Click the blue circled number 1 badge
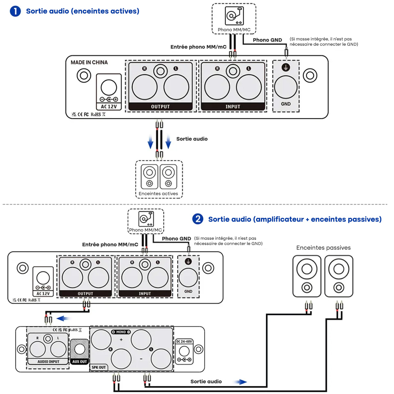(x=15, y=11)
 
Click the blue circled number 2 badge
(x=198, y=219)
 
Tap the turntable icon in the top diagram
(x=234, y=16)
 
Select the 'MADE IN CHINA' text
(x=89, y=62)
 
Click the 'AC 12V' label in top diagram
(x=109, y=107)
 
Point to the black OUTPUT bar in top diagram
(x=160, y=107)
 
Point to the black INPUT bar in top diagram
(x=233, y=107)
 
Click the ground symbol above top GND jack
(x=286, y=68)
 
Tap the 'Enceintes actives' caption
(x=158, y=194)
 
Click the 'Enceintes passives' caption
(x=323, y=248)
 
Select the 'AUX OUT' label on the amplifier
(x=79, y=361)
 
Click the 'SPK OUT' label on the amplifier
(x=98, y=367)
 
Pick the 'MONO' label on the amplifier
(x=121, y=332)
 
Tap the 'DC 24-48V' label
(x=184, y=341)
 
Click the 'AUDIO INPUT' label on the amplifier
(x=48, y=361)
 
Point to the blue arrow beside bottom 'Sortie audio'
(x=241, y=382)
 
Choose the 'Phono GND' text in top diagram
(x=267, y=40)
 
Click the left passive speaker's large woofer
(x=307, y=269)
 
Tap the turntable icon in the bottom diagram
(x=146, y=219)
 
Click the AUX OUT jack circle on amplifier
(x=80, y=349)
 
